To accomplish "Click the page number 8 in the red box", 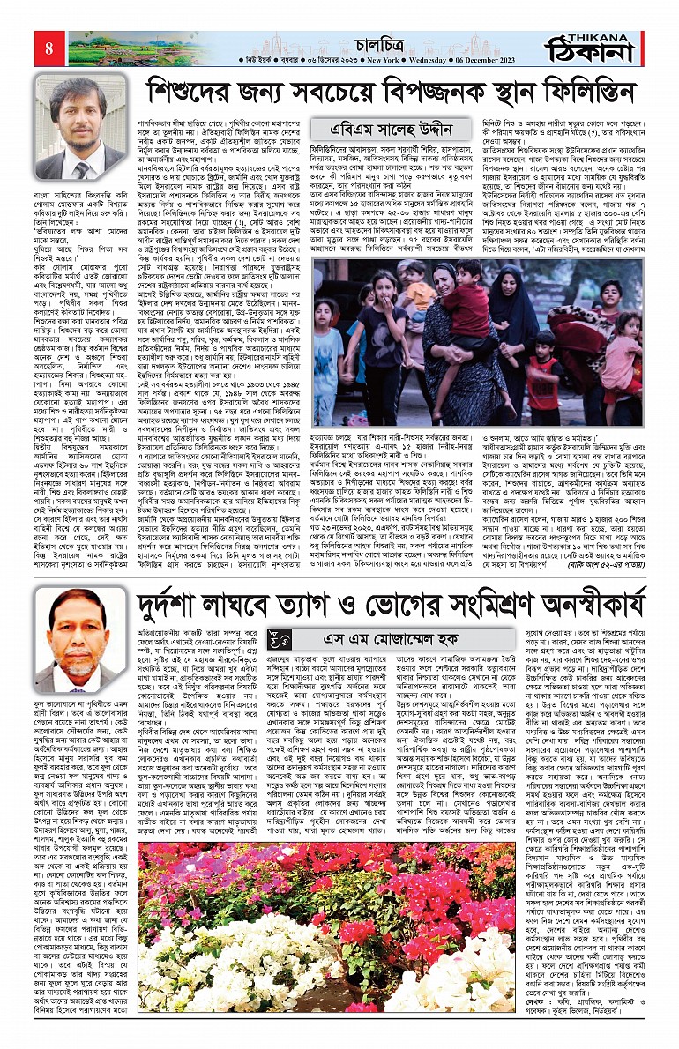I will [48, 46].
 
